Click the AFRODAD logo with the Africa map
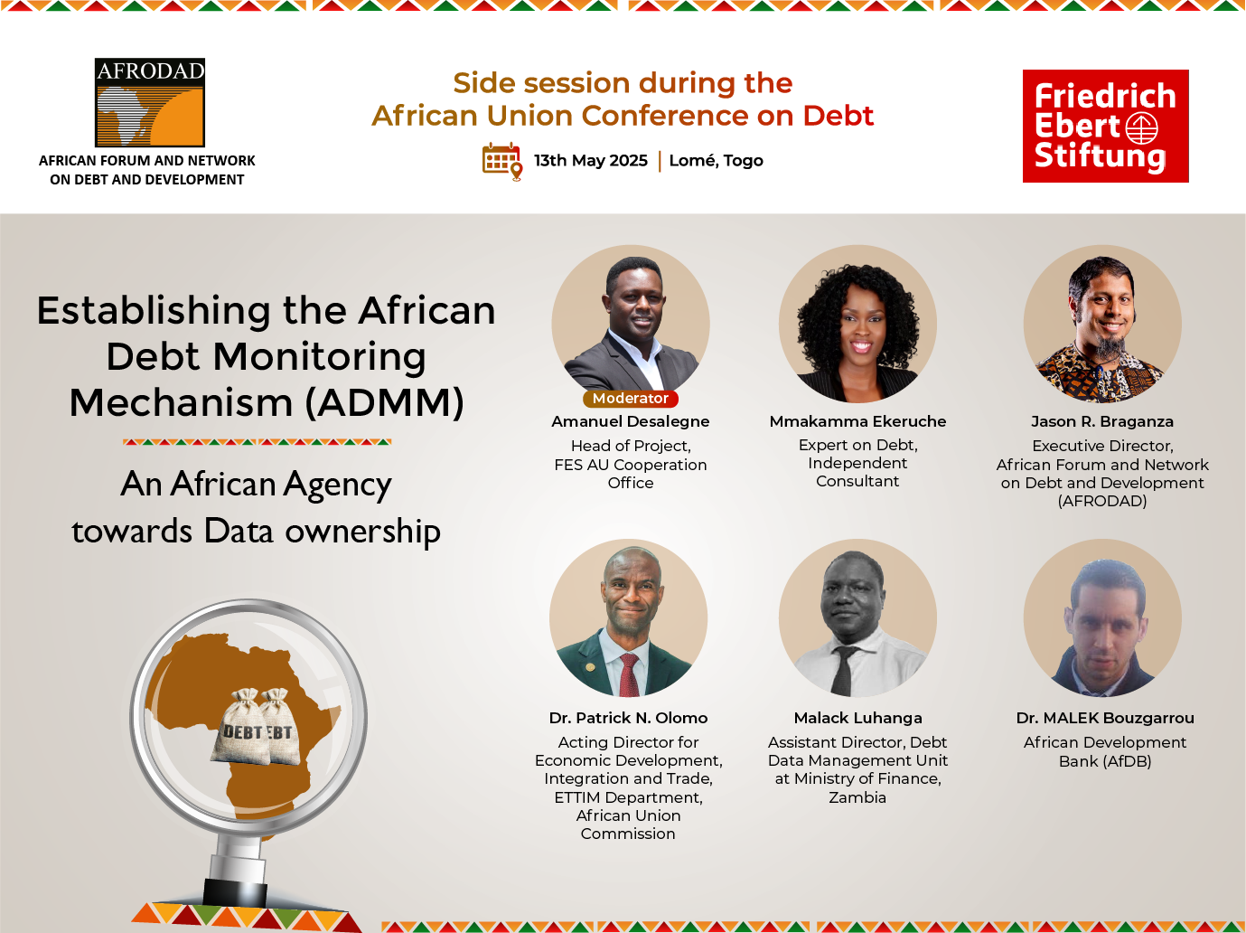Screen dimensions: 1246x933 pos(149,102)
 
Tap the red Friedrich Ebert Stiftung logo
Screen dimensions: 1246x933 pos(1105,126)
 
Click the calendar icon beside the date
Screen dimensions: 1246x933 pos(501,161)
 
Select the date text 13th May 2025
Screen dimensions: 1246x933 pos(590,161)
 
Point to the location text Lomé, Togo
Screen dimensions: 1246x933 pos(716,161)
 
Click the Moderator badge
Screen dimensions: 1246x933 pos(630,399)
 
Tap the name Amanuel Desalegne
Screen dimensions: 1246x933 pos(630,421)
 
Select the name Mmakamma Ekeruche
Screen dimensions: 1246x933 pos(857,421)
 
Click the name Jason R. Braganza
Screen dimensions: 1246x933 pos(1102,421)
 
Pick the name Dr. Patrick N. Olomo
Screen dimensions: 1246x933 pos(628,718)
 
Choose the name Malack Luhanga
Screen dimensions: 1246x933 pos(857,718)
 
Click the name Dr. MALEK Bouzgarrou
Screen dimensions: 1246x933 pos(1105,718)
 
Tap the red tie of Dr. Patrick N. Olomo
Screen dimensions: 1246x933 pos(629,674)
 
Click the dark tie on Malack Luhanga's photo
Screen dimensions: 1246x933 pos(844,671)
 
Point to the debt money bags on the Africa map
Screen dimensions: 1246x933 pos(256,726)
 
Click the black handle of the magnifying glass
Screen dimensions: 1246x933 pos(235,891)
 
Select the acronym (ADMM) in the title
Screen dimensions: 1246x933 pos(385,402)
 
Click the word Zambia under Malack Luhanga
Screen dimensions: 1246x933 pos(857,797)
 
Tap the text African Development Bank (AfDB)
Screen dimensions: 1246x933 pos(1105,751)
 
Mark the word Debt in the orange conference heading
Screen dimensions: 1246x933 pos(838,116)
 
